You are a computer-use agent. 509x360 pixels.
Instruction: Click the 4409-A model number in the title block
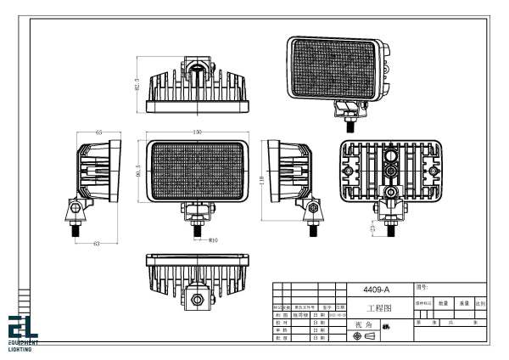375,290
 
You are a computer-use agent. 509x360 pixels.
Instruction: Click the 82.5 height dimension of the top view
137,85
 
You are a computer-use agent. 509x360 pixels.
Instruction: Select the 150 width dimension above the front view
198,132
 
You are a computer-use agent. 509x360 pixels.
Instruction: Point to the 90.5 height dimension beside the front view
137,171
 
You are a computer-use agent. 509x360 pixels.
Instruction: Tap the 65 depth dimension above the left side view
98,132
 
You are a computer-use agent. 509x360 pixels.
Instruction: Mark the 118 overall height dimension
261,181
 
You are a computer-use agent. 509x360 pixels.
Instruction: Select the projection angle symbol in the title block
363,337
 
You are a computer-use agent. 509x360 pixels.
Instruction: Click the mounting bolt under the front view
198,225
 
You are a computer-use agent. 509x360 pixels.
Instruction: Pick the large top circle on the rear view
391,156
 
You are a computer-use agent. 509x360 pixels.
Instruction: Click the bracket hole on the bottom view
198,298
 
